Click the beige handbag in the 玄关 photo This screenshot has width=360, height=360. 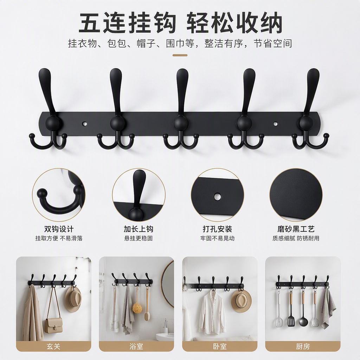point(54,325)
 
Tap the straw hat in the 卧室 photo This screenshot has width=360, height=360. point(241,301)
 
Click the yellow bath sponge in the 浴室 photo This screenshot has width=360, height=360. point(137,308)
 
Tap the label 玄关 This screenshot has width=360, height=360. point(53,346)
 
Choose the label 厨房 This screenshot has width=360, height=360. point(303,346)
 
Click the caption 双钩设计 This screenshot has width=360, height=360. point(59,229)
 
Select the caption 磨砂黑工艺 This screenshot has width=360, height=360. point(296,229)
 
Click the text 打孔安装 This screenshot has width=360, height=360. point(217,229)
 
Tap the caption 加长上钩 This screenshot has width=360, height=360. point(139,229)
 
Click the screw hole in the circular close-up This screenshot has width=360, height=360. point(217,196)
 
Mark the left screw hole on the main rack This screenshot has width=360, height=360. point(85,124)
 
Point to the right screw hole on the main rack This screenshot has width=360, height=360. point(276,124)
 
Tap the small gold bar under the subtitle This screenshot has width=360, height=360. point(180,55)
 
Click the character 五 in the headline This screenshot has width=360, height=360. point(90,23)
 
